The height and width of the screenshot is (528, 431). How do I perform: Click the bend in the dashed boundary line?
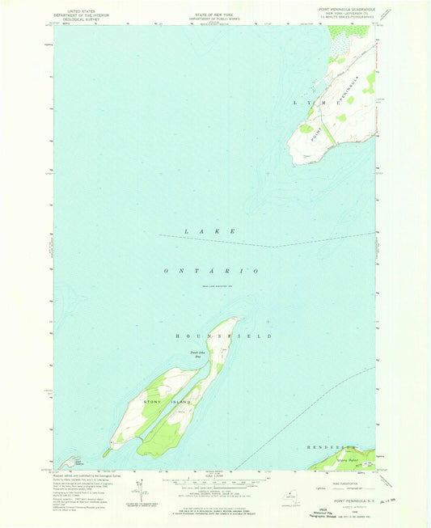tap(273, 247)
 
